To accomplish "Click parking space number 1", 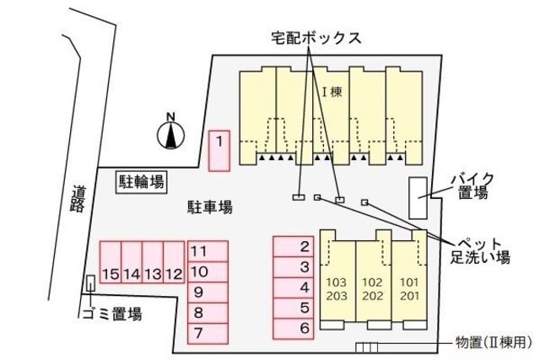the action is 219,152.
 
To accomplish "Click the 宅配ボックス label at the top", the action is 316,38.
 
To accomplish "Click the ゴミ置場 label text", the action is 111,314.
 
